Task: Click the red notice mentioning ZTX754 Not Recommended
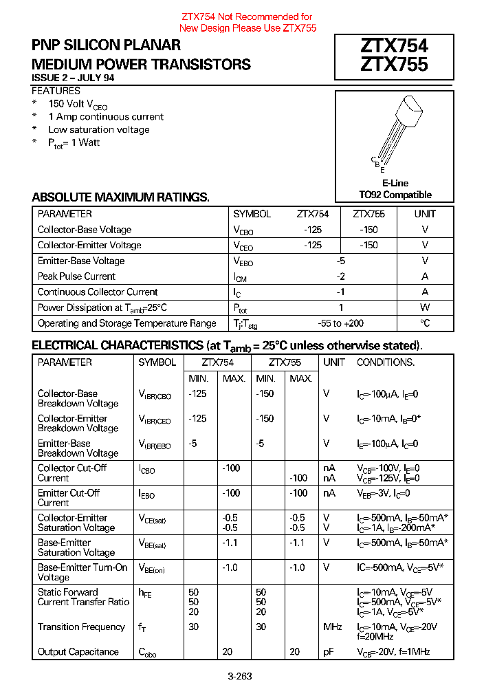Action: [247, 22]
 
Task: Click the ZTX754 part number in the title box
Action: [394, 46]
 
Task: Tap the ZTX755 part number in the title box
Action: [394, 65]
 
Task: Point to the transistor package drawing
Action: [395, 131]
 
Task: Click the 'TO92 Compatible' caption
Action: [395, 195]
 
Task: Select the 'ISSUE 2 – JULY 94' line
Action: [73, 78]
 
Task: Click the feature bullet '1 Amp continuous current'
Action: [106, 117]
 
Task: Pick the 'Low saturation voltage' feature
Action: [98, 129]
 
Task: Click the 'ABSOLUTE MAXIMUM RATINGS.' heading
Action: [120, 197]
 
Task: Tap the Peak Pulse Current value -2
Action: [340, 276]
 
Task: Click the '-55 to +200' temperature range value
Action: [340, 323]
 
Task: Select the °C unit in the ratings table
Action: [425, 323]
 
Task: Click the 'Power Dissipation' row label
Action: [102, 308]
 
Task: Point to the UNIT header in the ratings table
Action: [425, 214]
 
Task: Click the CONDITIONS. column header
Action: [385, 362]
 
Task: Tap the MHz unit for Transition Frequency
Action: [333, 627]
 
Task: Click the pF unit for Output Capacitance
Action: [329, 652]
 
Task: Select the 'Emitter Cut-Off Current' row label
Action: [69, 498]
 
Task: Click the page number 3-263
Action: [240, 676]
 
